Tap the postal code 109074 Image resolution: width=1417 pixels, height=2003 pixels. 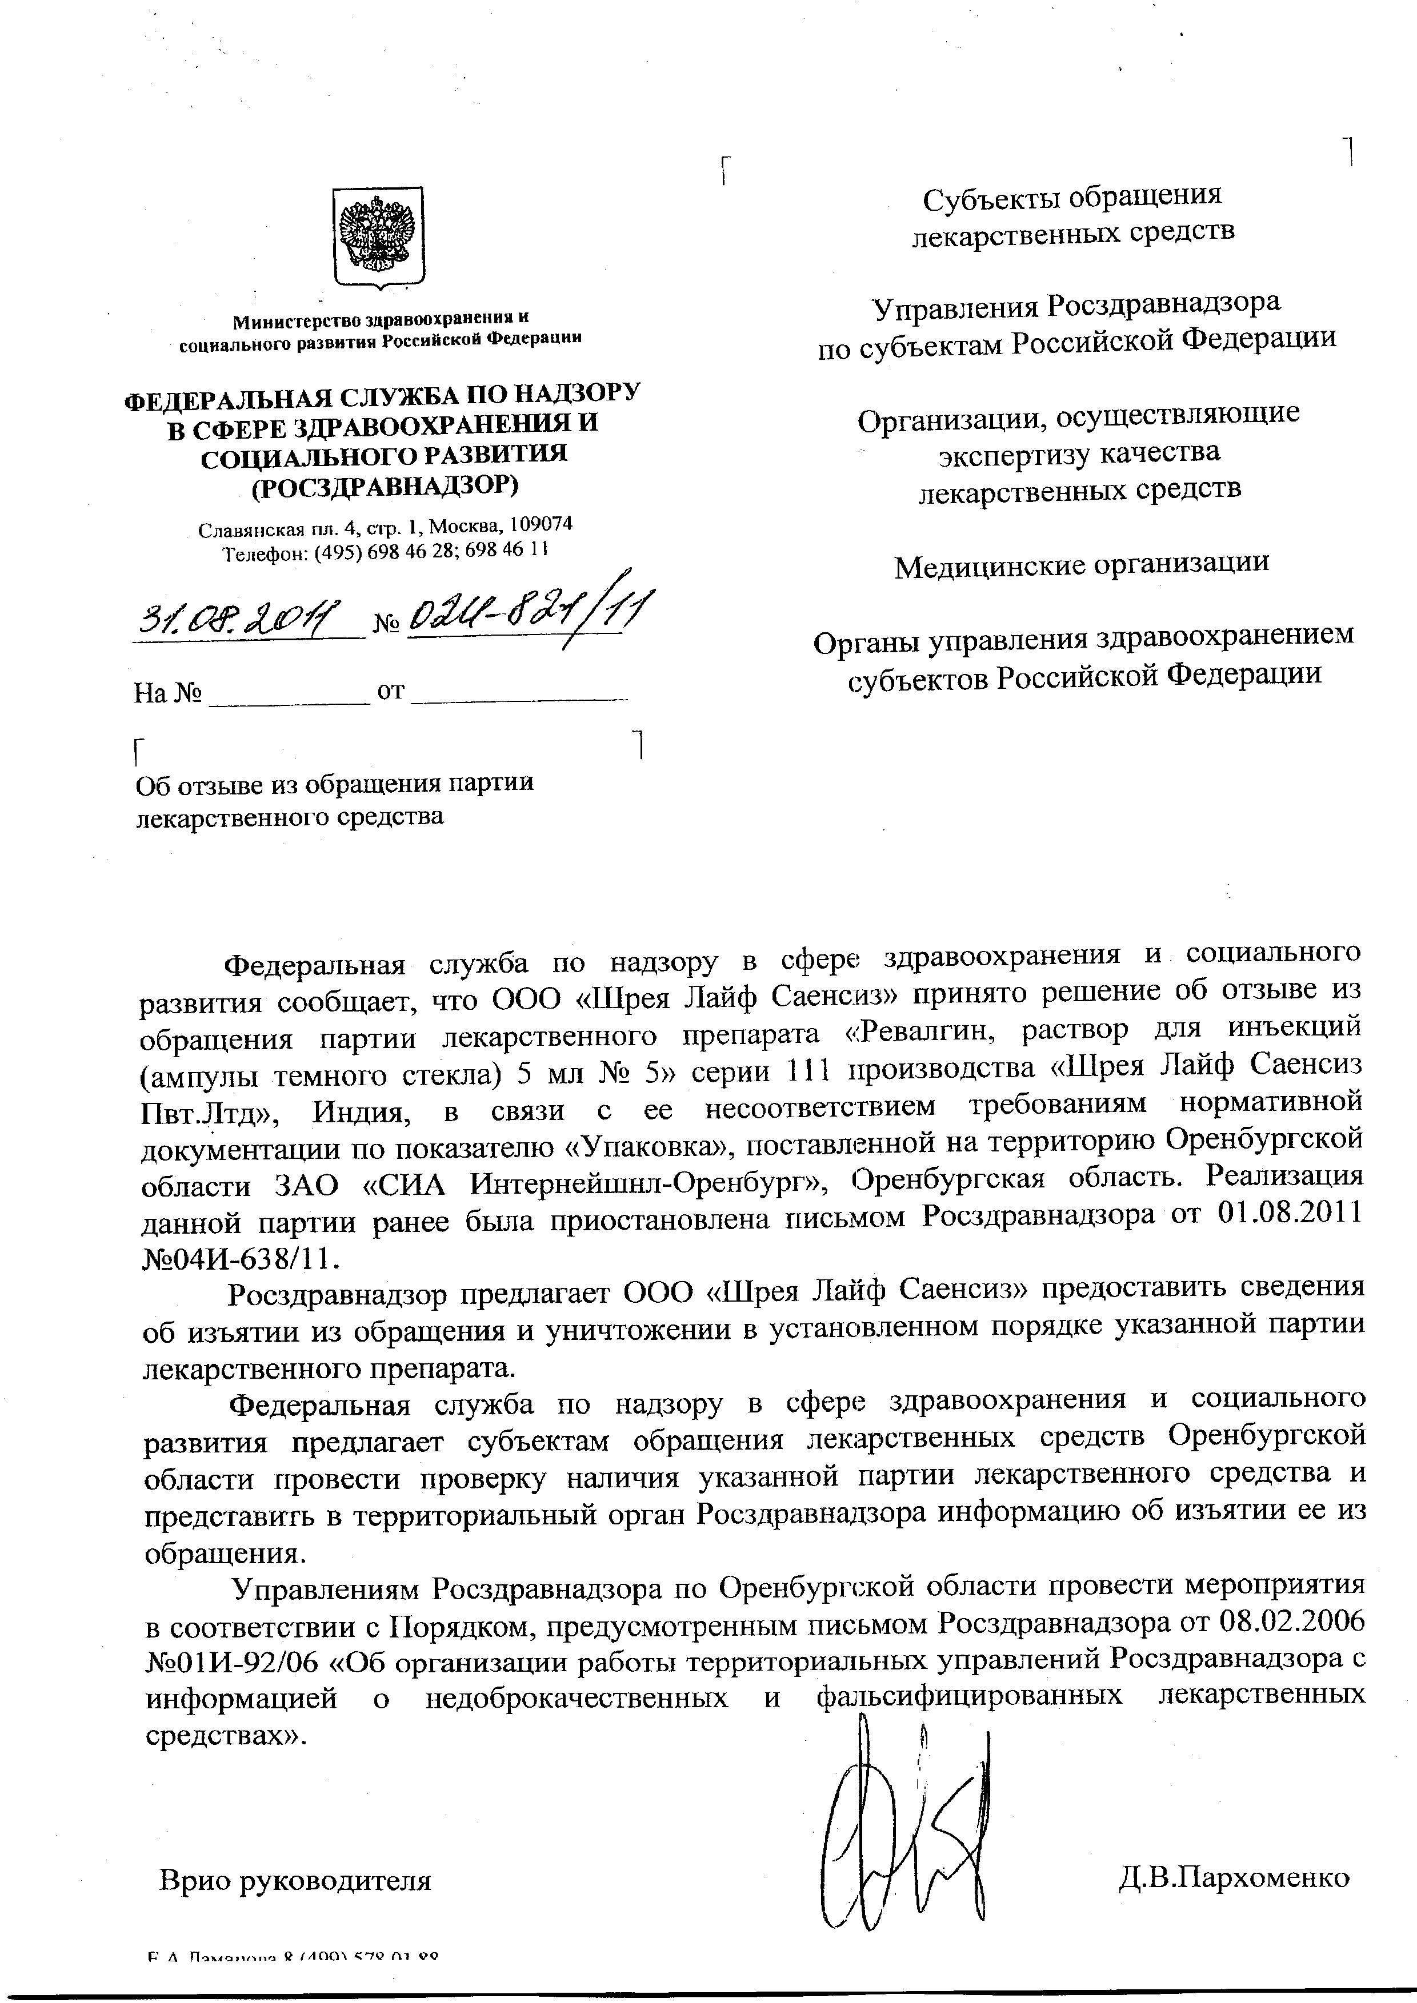(541, 525)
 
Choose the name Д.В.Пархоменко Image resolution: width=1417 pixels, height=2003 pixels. (1234, 1877)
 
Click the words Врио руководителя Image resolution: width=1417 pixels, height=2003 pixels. (295, 1879)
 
